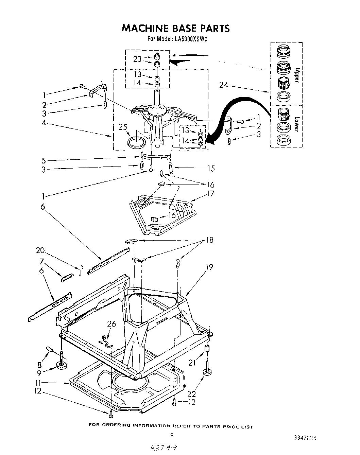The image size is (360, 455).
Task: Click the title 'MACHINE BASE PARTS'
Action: point(175,28)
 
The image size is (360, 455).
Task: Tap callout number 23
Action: point(137,59)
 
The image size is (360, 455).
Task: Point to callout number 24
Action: point(223,85)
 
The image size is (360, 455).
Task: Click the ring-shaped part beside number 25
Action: point(136,142)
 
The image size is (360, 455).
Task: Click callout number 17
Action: point(210,194)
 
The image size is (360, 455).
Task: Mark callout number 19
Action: point(209,267)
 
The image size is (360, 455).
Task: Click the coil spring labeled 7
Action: point(67,277)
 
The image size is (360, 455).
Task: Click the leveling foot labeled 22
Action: point(207,373)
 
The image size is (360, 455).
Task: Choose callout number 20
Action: point(40,250)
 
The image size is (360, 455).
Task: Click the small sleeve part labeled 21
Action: point(206,349)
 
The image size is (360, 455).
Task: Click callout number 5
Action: point(43,160)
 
